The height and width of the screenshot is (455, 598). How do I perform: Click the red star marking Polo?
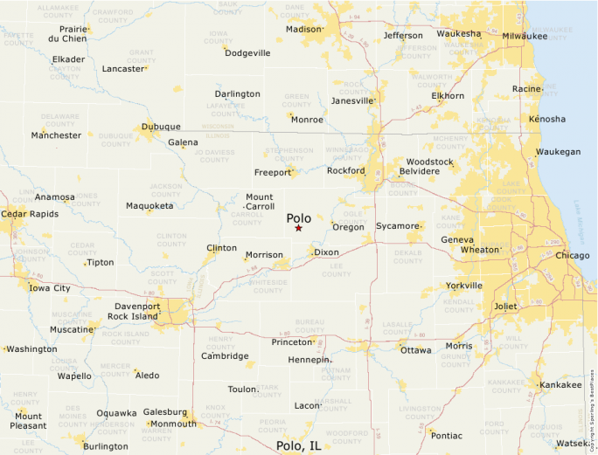click(298, 228)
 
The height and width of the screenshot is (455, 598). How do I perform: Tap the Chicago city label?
click(573, 256)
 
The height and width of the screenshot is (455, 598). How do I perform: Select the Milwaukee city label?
click(525, 36)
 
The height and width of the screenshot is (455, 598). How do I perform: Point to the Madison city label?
click(303, 29)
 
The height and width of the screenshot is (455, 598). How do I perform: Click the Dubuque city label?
click(161, 127)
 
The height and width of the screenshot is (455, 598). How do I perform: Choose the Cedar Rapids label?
click(25, 213)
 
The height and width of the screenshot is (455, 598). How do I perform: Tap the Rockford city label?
click(345, 171)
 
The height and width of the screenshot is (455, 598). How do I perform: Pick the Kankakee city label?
click(560, 385)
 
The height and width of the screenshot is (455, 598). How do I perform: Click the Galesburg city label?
click(165, 412)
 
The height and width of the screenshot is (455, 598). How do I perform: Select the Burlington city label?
click(105, 446)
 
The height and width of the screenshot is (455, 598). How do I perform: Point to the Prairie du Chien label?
click(67, 33)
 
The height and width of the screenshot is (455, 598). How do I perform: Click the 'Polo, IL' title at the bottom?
click(298, 445)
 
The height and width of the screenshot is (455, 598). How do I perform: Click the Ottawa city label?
click(415, 350)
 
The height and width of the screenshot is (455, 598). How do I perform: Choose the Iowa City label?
click(50, 288)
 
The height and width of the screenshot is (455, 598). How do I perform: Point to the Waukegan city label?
click(558, 152)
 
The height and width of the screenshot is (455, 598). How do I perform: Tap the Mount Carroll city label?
click(260, 202)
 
